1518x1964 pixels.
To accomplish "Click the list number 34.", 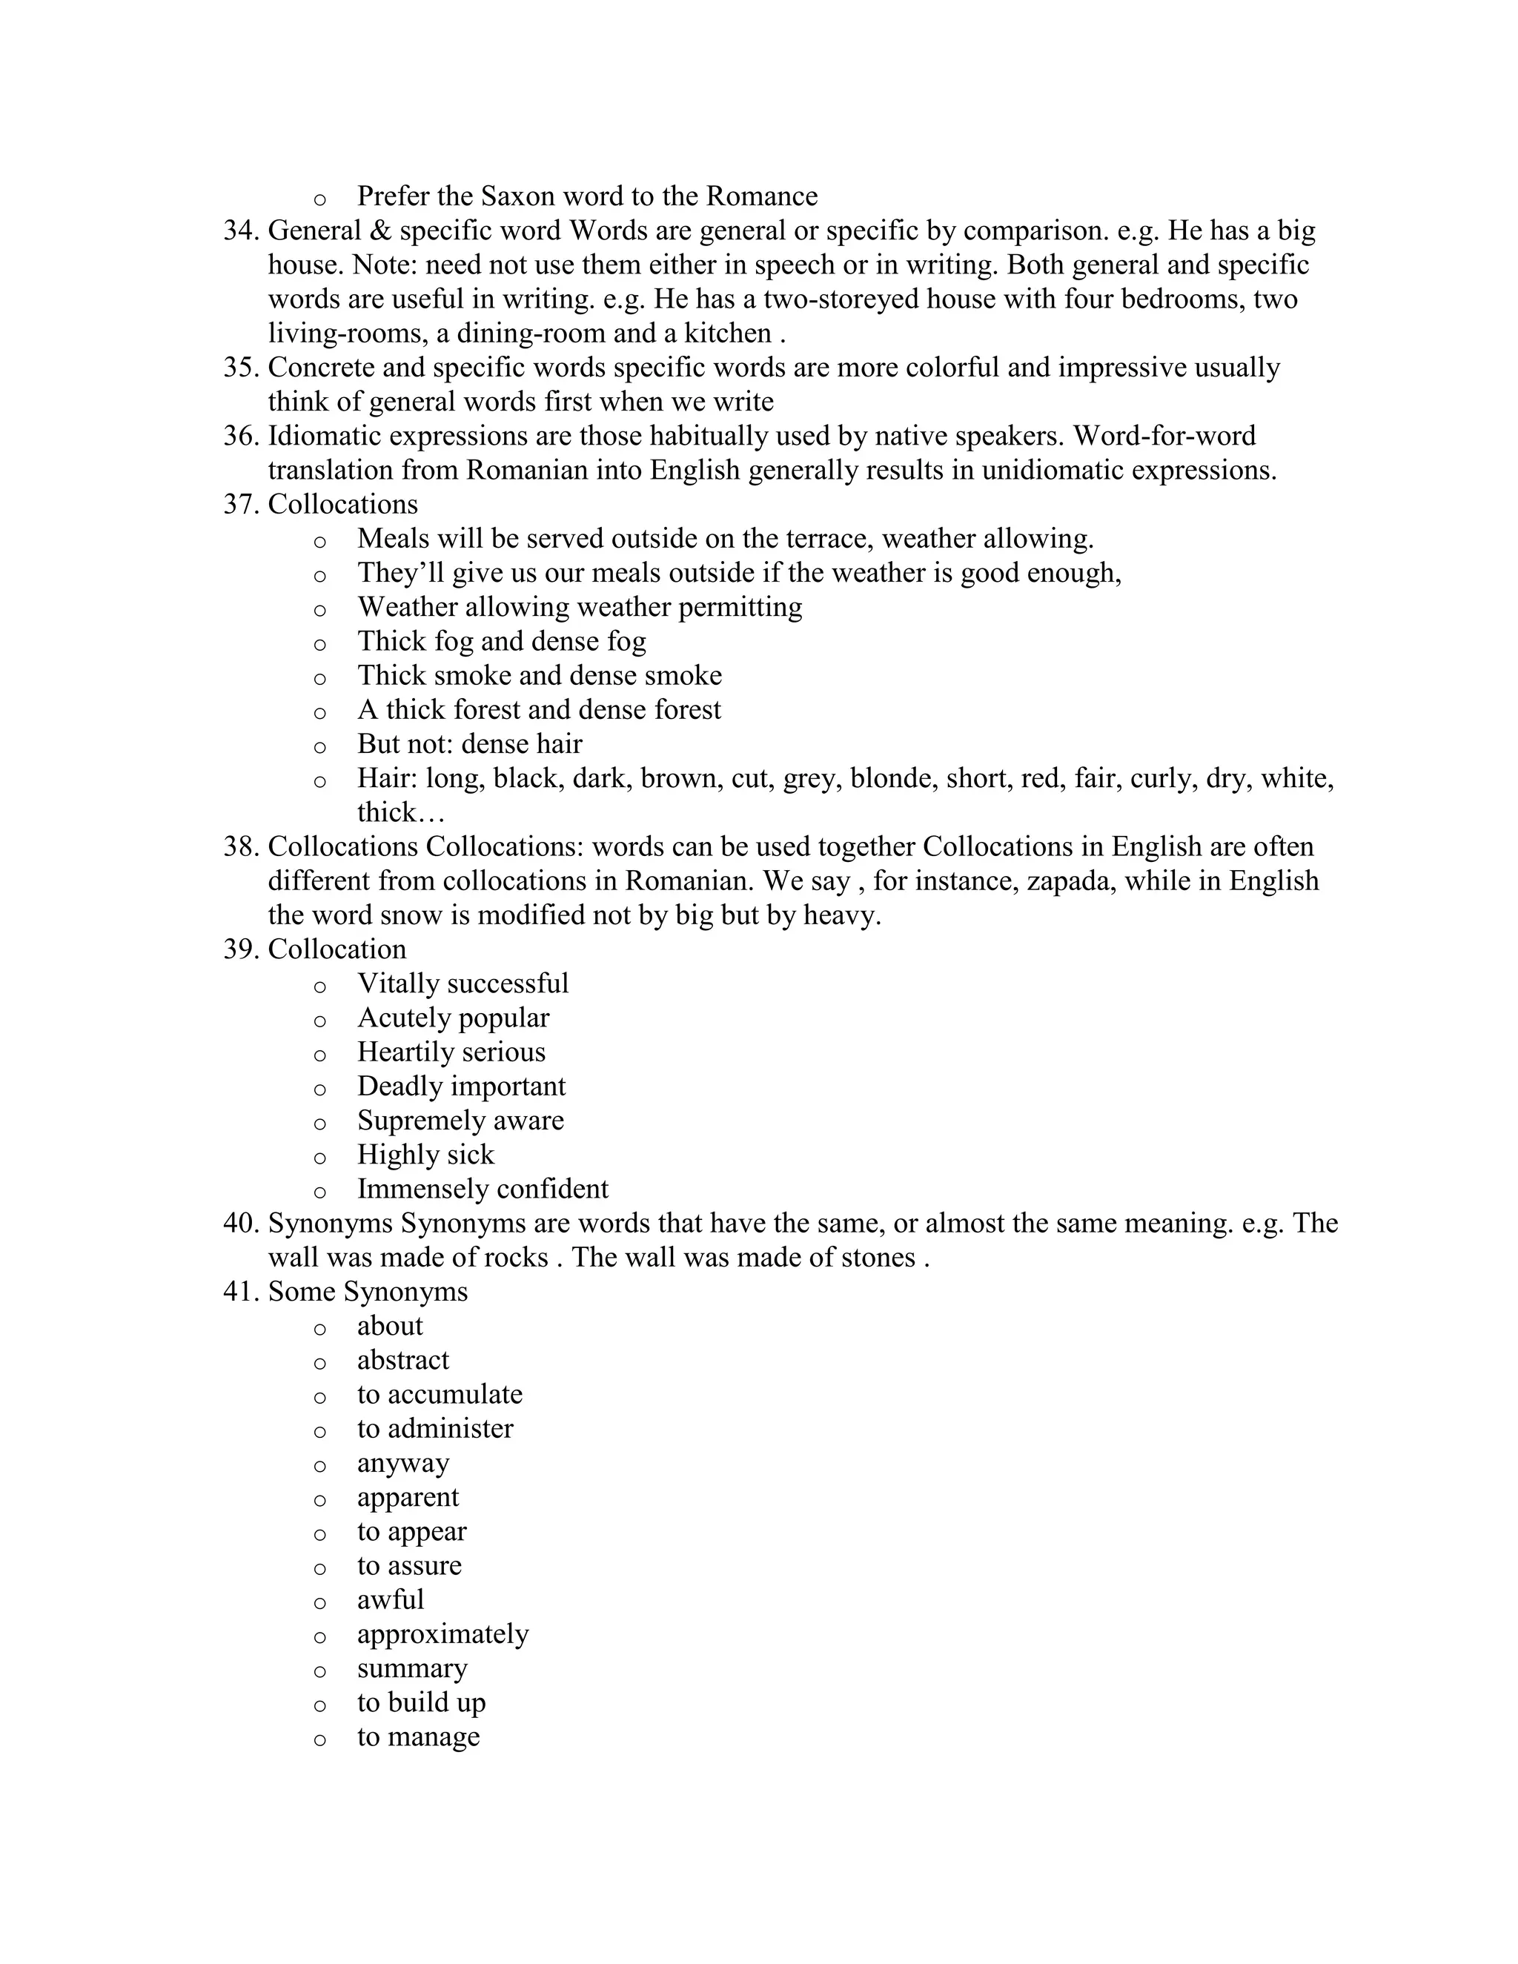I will pyautogui.click(x=241, y=231).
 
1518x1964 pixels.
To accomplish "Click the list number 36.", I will pyautogui.click(x=241, y=436).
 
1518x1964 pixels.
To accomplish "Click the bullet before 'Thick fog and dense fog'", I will pyautogui.click(x=319, y=644).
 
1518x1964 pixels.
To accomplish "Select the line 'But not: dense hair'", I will pyautogui.click(x=469, y=745).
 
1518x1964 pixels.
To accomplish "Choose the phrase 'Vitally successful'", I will pyautogui.click(x=463, y=983).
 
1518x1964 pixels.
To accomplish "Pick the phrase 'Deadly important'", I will pyautogui.click(x=461, y=1086).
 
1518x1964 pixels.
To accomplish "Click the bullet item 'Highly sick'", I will pyautogui.click(x=425, y=1155).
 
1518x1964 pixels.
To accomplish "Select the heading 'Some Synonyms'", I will pyautogui.click(x=368, y=1293).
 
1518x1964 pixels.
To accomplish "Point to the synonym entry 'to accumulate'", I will pyautogui.click(x=440, y=1395).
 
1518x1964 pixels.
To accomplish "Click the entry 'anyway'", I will pyautogui.click(x=403, y=1463).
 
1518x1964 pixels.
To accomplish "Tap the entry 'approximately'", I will pyautogui.click(x=443, y=1634).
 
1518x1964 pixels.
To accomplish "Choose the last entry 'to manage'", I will pyautogui.click(x=418, y=1736).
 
